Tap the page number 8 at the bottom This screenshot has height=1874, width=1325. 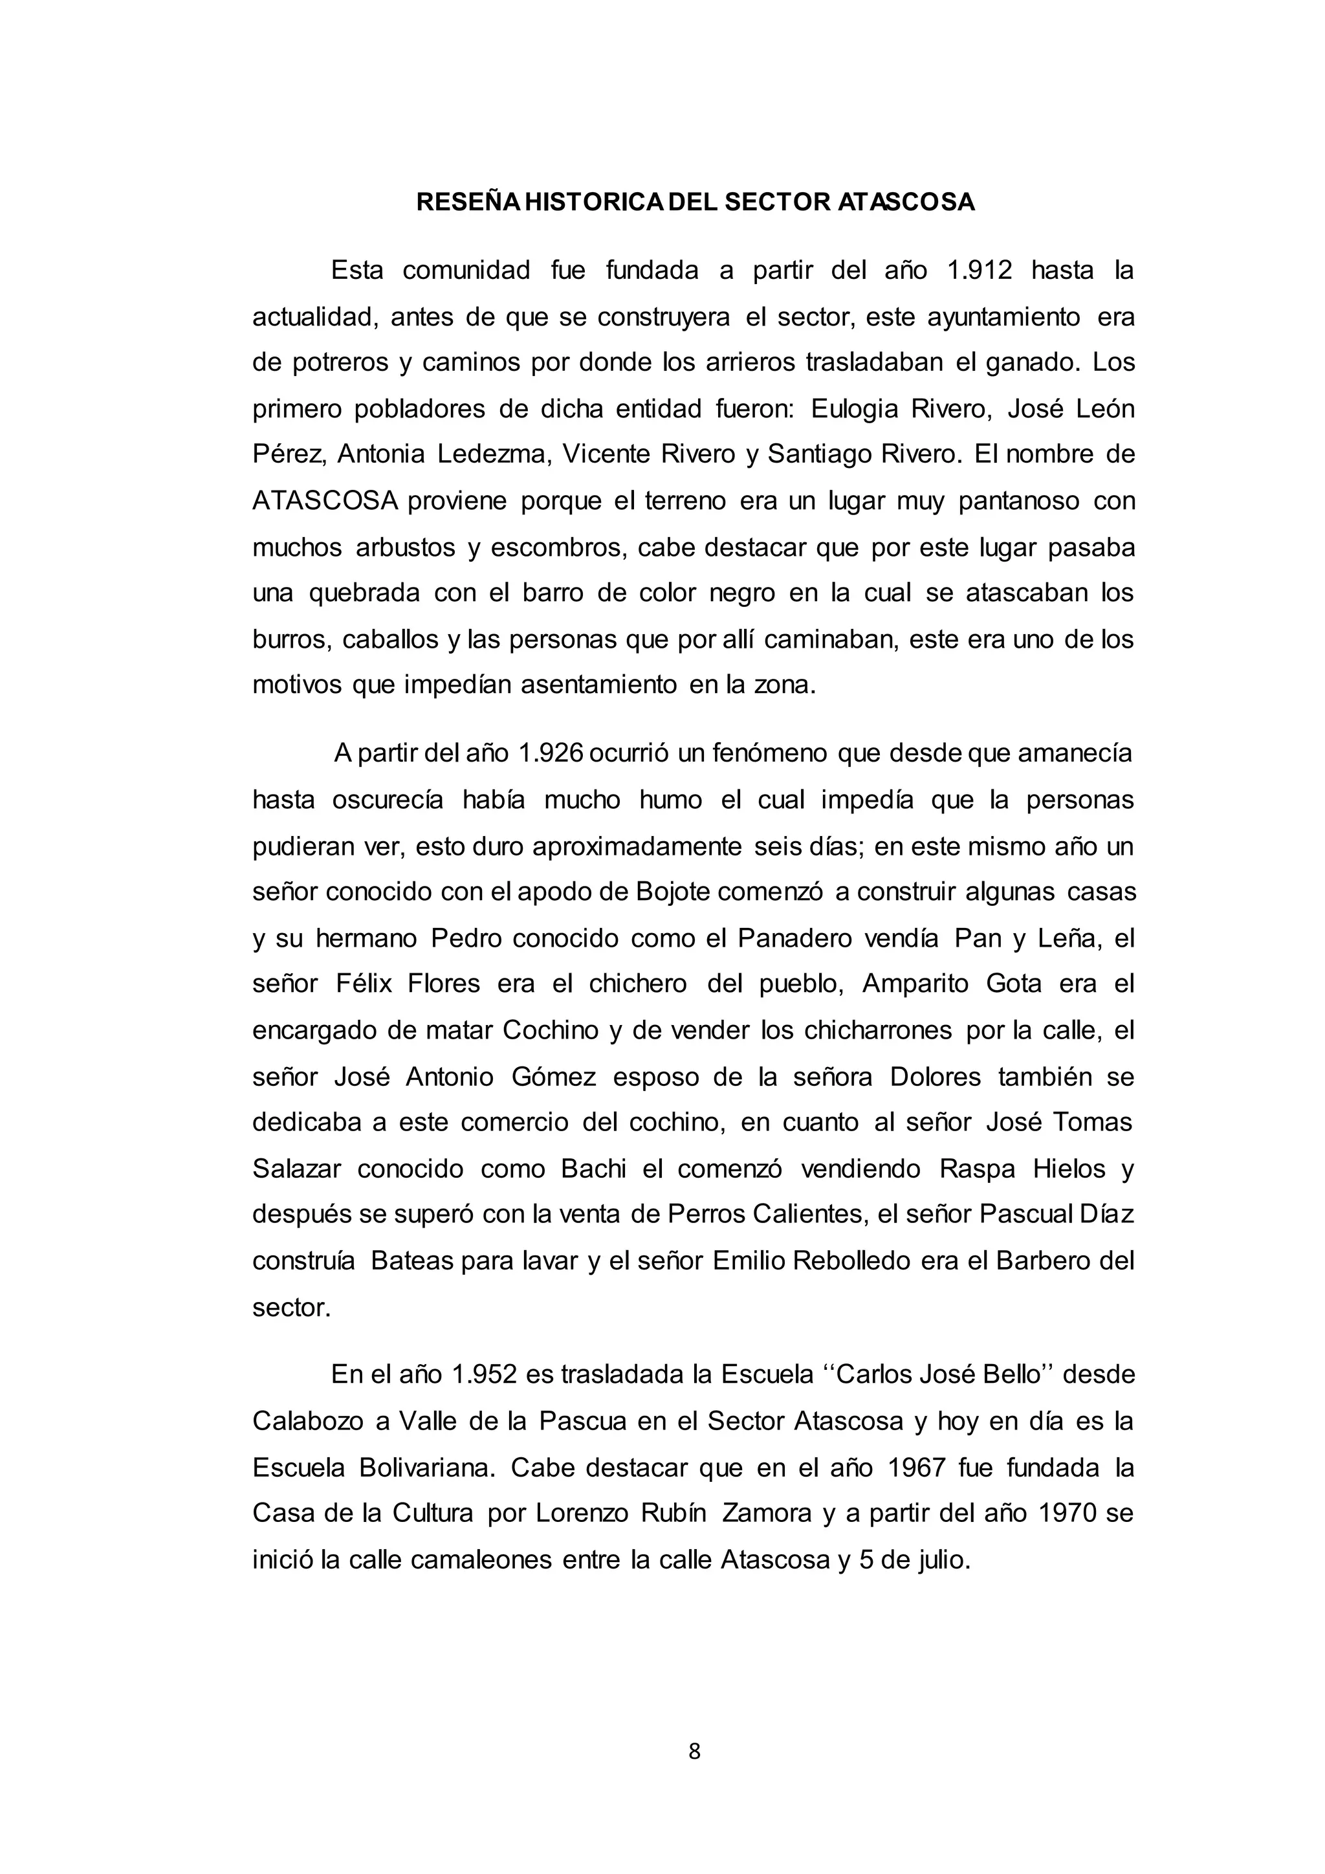pyautogui.click(x=694, y=1752)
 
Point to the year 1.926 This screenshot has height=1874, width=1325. pyautogui.click(x=551, y=753)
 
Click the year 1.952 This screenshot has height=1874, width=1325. pyautogui.click(x=484, y=1374)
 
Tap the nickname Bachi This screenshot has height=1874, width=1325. pyautogui.click(x=593, y=1169)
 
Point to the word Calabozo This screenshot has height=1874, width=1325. pyautogui.click(x=306, y=1421)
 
